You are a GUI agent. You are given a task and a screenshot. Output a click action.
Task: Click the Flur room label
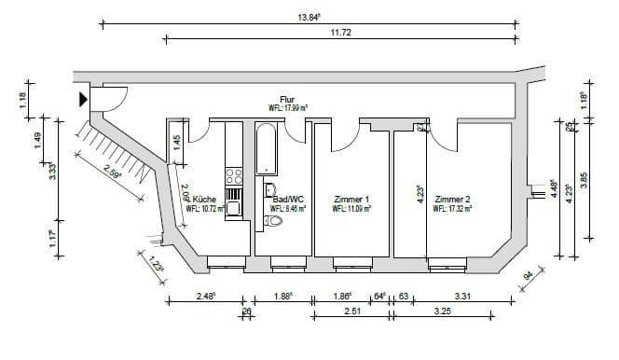click(287, 99)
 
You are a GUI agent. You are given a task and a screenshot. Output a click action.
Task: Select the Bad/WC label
click(283, 199)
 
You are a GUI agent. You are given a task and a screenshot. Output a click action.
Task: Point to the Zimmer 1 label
click(351, 199)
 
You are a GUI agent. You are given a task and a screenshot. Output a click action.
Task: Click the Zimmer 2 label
click(452, 199)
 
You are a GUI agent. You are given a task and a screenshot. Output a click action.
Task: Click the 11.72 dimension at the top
click(339, 33)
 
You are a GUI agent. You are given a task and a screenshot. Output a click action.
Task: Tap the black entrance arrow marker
click(83, 97)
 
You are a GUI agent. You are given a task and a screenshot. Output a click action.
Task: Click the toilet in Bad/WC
click(272, 222)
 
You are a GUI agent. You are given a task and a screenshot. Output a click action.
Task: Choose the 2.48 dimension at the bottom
click(206, 297)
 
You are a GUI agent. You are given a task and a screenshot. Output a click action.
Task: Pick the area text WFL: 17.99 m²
click(288, 108)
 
